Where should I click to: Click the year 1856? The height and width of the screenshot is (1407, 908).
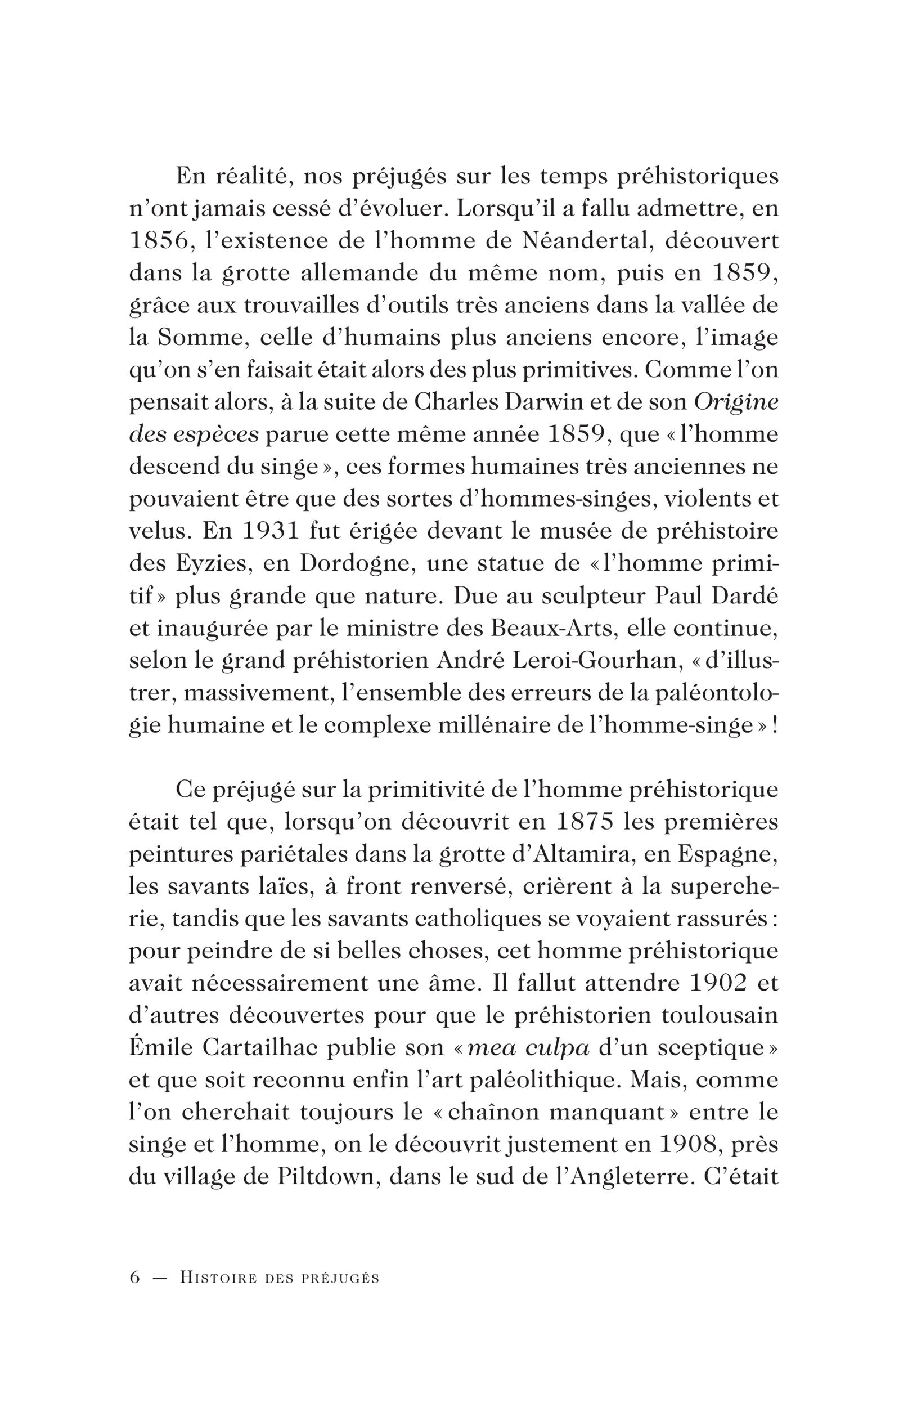coord(159,243)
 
